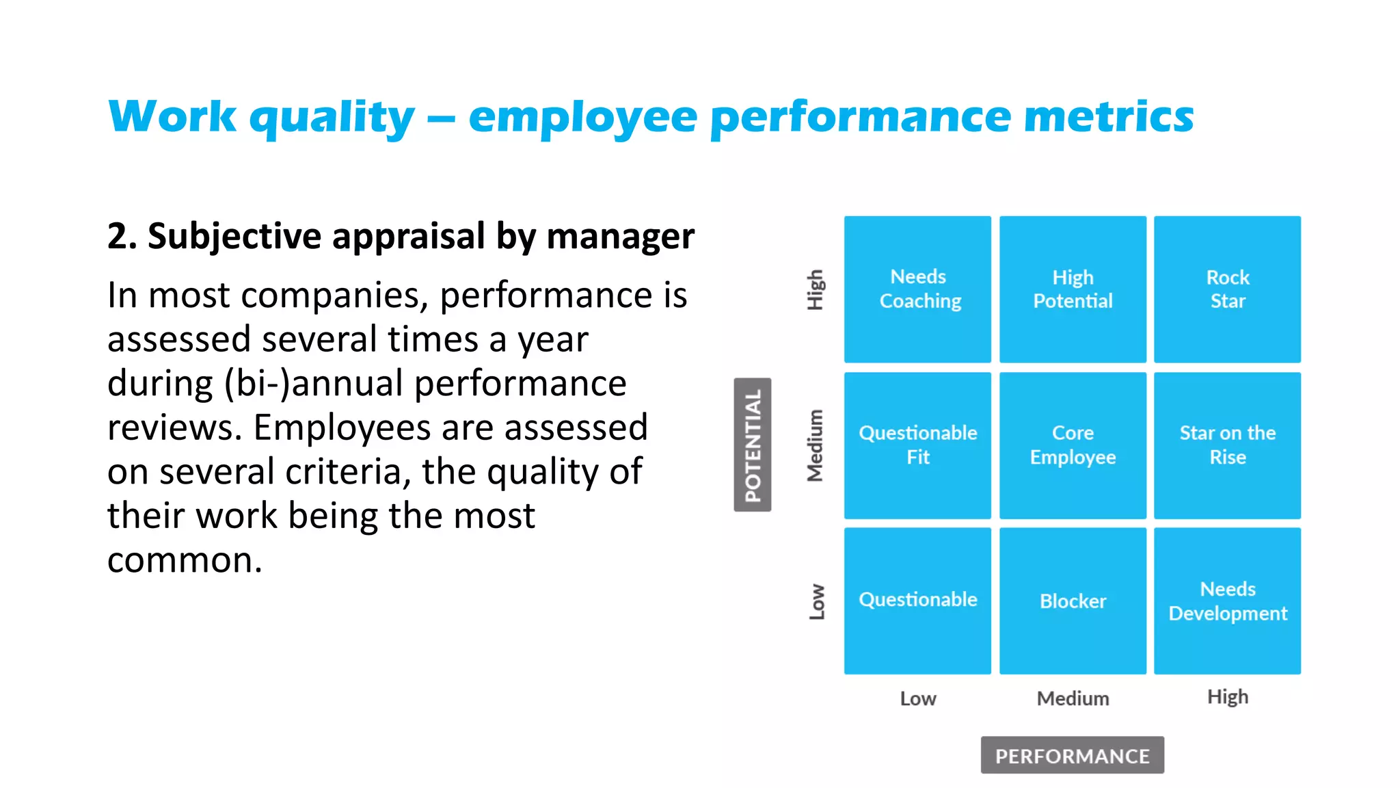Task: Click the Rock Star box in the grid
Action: pos(1227,289)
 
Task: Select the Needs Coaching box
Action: pos(917,289)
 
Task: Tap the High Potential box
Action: pos(1073,289)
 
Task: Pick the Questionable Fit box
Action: pos(917,445)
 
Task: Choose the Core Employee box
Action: pos(1073,445)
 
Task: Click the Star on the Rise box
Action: pos(1227,445)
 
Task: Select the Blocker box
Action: pos(1073,601)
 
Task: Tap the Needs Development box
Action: pos(1227,601)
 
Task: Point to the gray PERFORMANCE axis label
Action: pos(1072,755)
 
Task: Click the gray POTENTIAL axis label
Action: pos(753,445)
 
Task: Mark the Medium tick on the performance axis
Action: pos(1073,698)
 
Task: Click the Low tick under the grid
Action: pos(917,698)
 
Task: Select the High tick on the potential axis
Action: pos(816,289)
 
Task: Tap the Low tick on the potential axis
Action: pos(817,601)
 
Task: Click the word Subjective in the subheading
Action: pos(234,237)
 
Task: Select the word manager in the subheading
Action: pos(620,237)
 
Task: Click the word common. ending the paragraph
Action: pos(185,560)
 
